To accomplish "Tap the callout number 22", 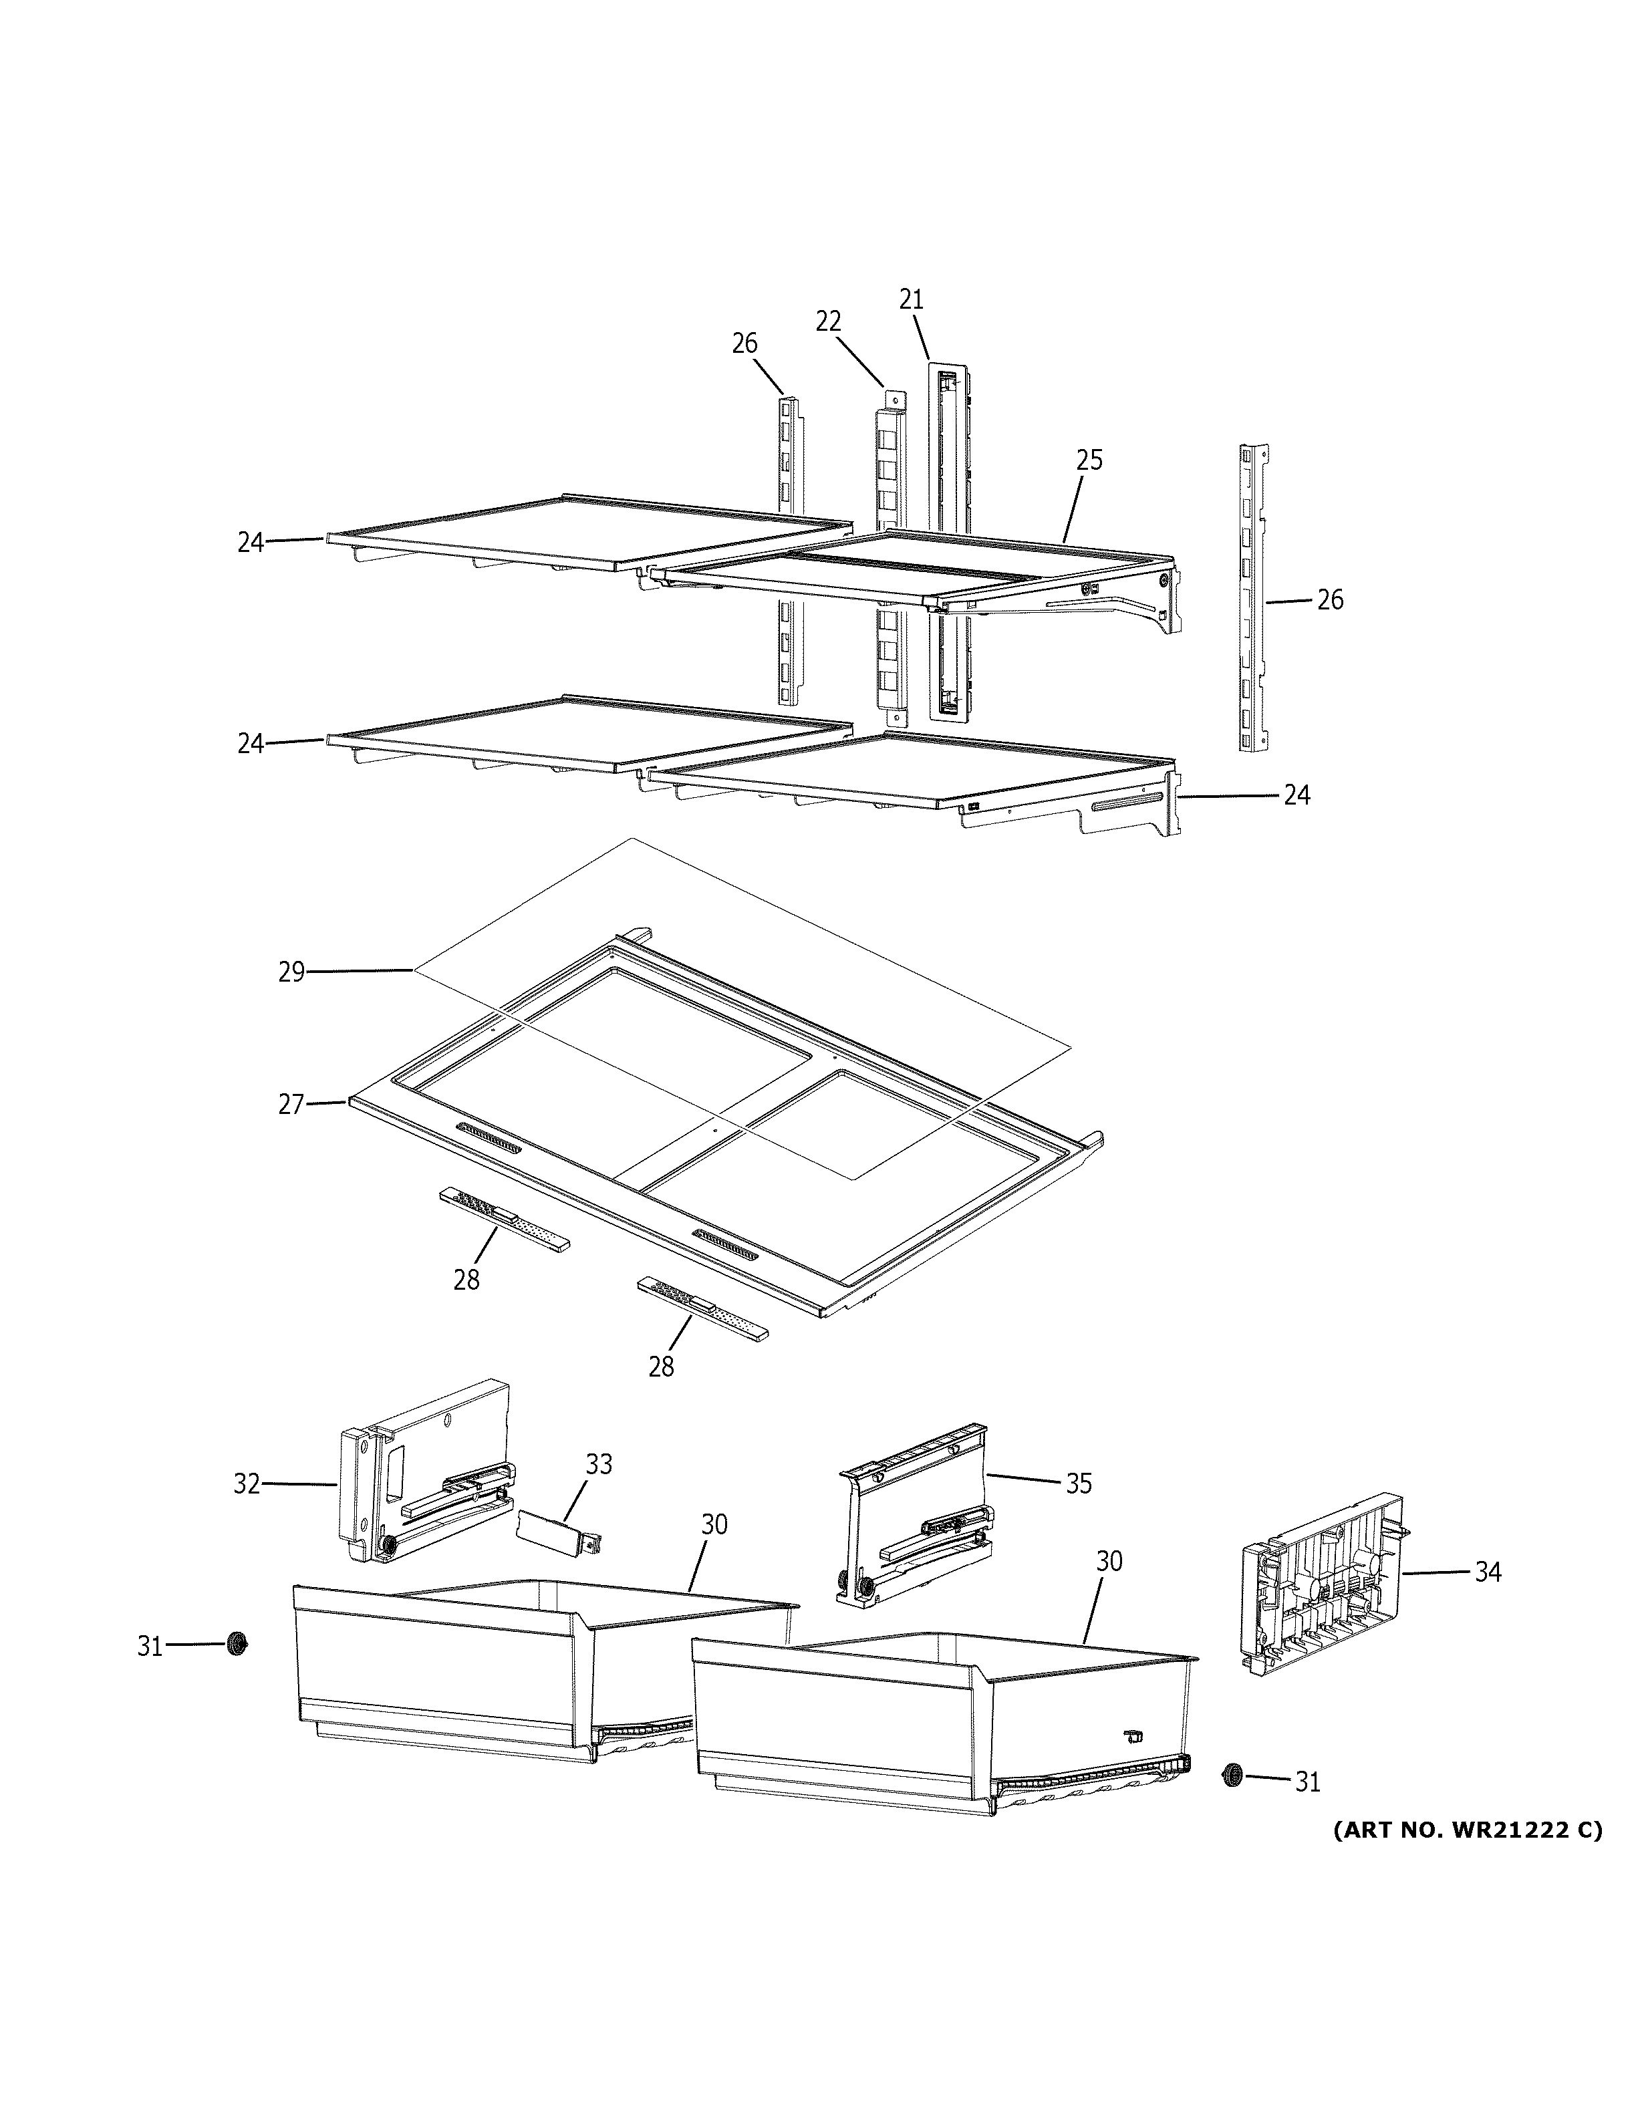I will [828, 321].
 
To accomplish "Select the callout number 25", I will [1089, 460].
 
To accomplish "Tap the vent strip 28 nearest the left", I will [504, 1218].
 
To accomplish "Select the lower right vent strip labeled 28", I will [702, 1308].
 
